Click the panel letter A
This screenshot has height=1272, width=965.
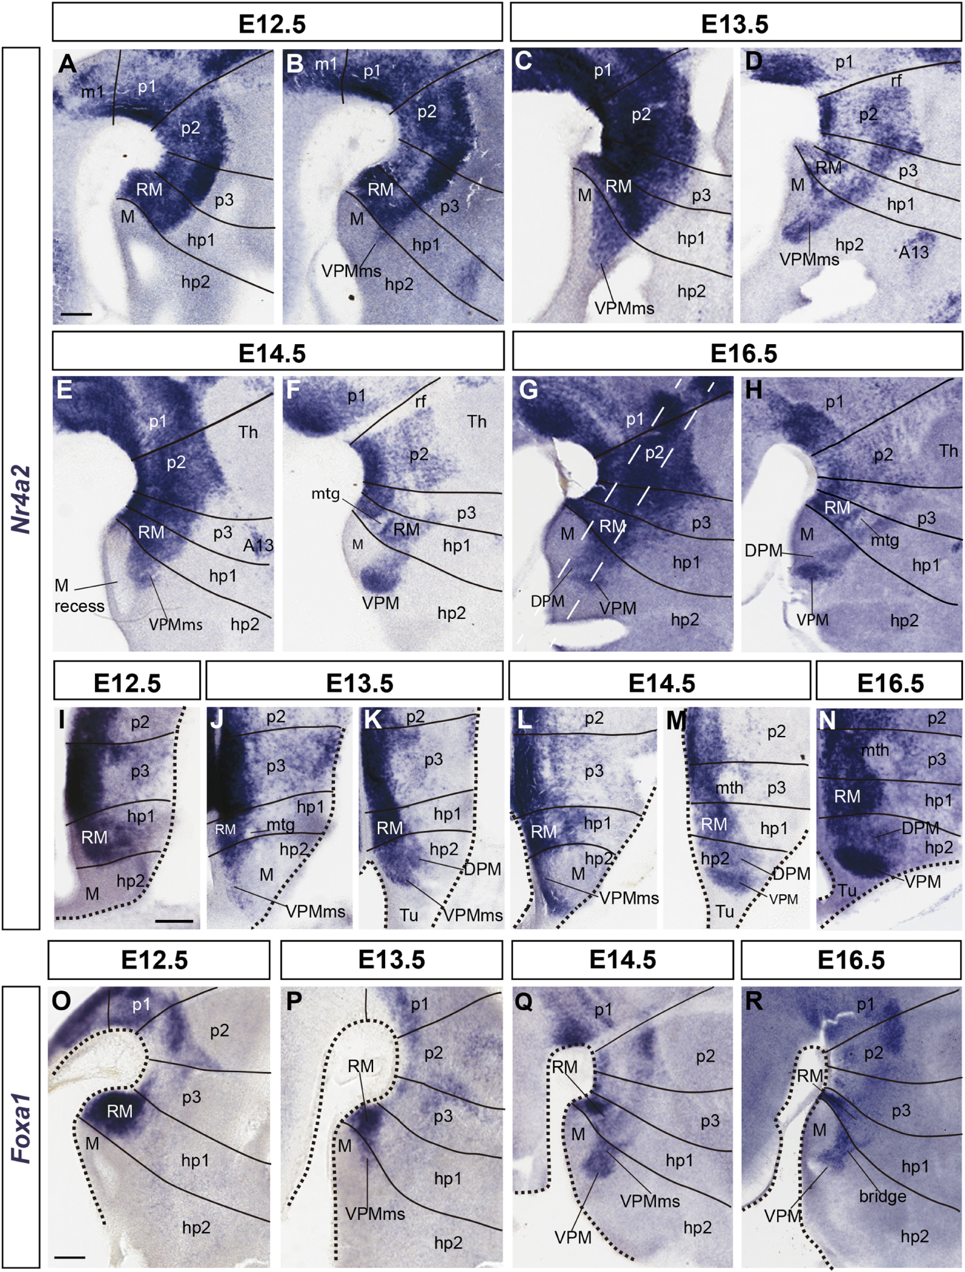67,63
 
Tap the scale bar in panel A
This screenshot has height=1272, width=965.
76,315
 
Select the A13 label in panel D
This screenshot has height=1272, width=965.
913,251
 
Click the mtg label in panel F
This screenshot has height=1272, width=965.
325,493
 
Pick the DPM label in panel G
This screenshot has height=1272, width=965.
547,601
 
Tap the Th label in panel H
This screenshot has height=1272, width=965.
948,451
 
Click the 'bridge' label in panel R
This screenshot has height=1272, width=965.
882,1196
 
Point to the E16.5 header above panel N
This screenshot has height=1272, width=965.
890,683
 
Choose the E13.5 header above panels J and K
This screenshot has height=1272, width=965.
359,683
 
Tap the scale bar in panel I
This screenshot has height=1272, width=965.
174,921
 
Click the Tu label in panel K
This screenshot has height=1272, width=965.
409,915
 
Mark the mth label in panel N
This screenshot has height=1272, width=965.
875,750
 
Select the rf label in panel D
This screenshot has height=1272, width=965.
896,80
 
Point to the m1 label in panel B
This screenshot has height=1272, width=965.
326,63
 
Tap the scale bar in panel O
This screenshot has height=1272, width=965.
69,1256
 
